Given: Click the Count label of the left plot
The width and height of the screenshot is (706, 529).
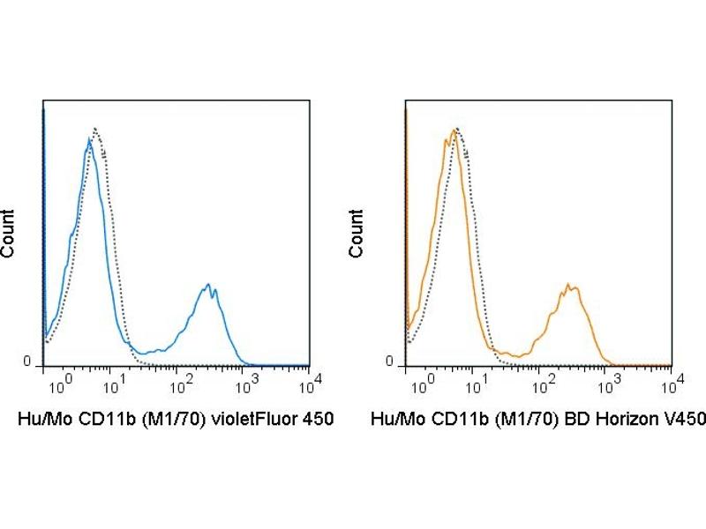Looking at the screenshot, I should point(8,233).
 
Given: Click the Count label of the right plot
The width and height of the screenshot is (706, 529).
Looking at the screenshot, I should point(357,233).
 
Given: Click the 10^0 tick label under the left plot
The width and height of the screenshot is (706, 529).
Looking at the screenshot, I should point(56,385).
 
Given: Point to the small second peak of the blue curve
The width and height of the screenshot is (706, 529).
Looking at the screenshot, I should point(208,285).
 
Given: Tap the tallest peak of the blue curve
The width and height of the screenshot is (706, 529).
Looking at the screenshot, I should point(89,139).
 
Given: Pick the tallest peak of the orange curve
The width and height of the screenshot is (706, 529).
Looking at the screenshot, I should point(453,130).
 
